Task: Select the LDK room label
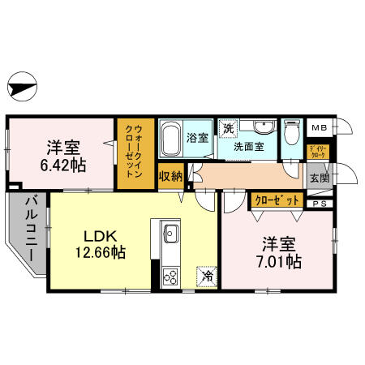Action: [102, 237]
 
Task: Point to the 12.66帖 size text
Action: [102, 253]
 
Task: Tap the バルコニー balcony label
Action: [28, 230]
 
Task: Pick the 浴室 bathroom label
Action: [199, 138]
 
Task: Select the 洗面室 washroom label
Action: [249, 148]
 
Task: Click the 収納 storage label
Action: [171, 177]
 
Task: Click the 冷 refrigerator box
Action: [208, 277]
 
